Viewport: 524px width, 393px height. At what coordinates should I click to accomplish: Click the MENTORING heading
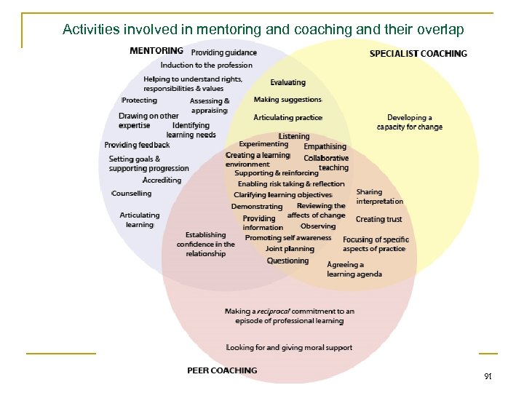pyautogui.click(x=156, y=51)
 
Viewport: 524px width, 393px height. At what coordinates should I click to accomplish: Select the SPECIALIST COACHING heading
pyautogui.click(x=418, y=53)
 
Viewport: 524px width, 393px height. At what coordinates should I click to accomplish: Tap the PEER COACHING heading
pyautogui.click(x=222, y=370)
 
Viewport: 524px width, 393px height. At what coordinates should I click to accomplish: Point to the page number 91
pyautogui.click(x=488, y=377)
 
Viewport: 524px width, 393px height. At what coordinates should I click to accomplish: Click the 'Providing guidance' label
pyautogui.click(x=224, y=52)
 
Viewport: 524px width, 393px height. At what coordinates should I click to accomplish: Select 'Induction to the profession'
pyautogui.click(x=207, y=65)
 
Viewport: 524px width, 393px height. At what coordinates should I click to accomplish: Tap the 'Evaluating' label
pyautogui.click(x=288, y=83)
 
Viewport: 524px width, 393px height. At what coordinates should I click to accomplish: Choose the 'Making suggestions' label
pyautogui.click(x=287, y=100)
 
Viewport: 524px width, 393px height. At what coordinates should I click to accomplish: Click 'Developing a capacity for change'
pyautogui.click(x=410, y=122)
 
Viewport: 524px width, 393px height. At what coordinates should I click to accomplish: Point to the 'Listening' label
pyautogui.click(x=294, y=136)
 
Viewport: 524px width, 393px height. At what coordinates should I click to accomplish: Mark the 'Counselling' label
pyautogui.click(x=132, y=194)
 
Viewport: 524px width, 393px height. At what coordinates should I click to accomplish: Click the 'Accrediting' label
pyautogui.click(x=162, y=180)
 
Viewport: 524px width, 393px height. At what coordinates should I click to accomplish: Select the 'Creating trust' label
pyautogui.click(x=378, y=219)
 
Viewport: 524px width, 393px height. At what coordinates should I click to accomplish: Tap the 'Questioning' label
pyautogui.click(x=287, y=261)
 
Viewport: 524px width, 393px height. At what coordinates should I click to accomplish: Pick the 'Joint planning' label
pyautogui.click(x=290, y=249)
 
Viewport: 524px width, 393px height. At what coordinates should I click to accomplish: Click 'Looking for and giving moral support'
pyautogui.click(x=289, y=348)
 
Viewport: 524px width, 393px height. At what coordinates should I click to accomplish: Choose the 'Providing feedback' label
pyautogui.click(x=137, y=145)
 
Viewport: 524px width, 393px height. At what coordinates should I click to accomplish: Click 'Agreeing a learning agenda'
pyautogui.click(x=354, y=269)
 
